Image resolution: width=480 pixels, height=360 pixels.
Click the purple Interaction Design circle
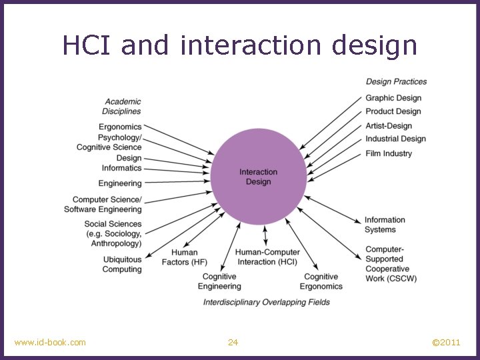click(259, 176)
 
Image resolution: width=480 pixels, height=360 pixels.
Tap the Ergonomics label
click(120, 127)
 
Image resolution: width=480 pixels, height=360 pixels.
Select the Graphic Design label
click(393, 98)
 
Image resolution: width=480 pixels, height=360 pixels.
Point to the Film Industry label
click(389, 153)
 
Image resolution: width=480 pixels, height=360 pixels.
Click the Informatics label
click(121, 168)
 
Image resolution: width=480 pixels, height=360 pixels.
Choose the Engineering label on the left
click(120, 183)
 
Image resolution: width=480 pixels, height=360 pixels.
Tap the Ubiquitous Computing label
click(122, 265)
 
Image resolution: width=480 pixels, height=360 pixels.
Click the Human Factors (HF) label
click(184, 257)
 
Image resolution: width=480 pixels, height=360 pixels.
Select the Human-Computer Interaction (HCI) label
click(267, 257)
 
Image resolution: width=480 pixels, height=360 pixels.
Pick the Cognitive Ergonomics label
click(321, 281)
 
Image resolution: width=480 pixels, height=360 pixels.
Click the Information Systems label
click(385, 225)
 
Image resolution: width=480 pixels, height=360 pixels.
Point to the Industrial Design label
click(395, 139)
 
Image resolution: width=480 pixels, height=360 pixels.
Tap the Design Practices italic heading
click(396, 81)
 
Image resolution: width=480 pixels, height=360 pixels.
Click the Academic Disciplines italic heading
click(122, 107)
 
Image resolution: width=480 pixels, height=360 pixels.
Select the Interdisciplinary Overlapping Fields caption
click(267, 302)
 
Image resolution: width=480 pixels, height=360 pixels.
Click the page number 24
click(233, 343)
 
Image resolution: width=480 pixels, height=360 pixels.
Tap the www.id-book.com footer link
click(50, 343)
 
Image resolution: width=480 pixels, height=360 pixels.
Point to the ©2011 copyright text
click(446, 343)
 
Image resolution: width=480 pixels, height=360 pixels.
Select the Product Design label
click(393, 111)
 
